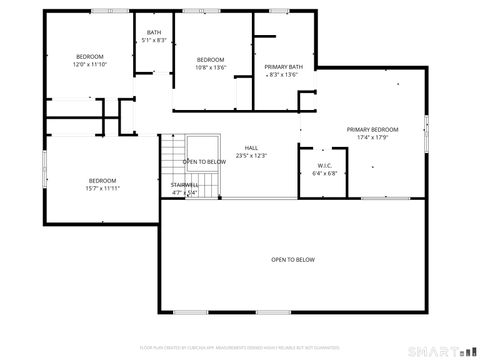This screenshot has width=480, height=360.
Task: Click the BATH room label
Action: click(x=154, y=32)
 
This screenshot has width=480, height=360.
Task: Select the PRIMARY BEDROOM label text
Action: click(x=372, y=129)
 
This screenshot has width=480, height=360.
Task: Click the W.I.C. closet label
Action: click(x=324, y=166)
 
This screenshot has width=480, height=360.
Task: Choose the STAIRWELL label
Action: click(x=184, y=185)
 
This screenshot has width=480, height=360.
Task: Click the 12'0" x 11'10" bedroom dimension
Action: click(x=90, y=64)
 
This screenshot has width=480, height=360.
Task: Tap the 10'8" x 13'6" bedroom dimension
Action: click(x=211, y=67)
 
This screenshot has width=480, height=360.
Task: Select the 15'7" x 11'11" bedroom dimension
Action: click(x=103, y=188)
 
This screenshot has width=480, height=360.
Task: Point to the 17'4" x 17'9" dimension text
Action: click(x=372, y=137)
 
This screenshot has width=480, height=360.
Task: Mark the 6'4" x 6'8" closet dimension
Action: click(x=325, y=173)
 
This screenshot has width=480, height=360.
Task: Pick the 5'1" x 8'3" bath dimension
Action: click(x=154, y=40)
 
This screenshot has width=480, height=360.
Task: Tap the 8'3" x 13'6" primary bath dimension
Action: click(x=282, y=74)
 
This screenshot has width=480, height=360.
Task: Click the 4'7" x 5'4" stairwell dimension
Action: click(x=184, y=193)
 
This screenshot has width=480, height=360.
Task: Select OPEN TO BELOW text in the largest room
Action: click(x=292, y=259)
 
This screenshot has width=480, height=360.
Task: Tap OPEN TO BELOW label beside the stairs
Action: click(x=203, y=162)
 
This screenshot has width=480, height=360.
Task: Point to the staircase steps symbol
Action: click(x=169, y=165)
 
